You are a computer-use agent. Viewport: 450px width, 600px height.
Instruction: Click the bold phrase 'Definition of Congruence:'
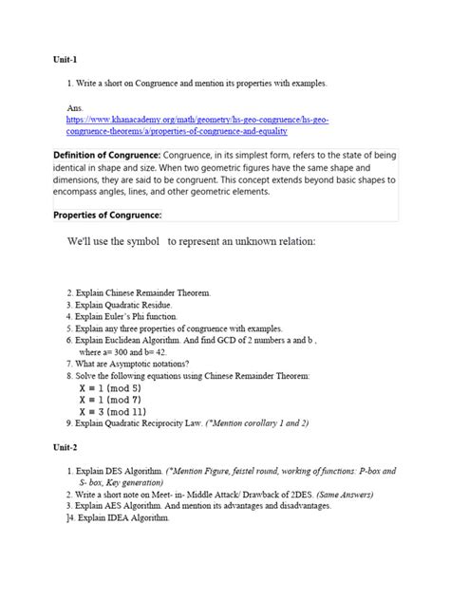(104, 154)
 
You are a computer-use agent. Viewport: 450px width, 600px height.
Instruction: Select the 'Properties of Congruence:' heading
(107, 214)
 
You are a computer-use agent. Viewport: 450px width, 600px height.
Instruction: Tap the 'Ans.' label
(76, 109)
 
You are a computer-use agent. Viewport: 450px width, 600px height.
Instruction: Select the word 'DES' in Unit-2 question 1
(122, 471)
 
